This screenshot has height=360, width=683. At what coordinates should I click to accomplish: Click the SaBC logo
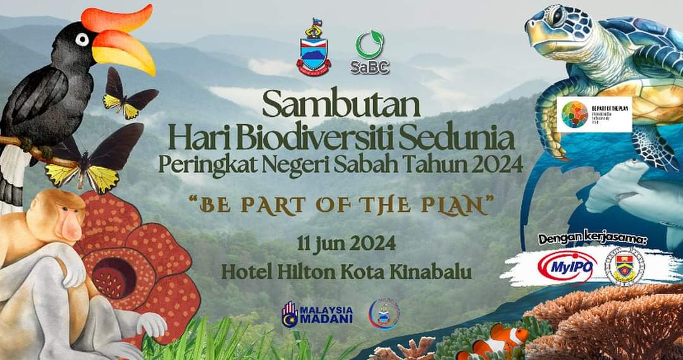click(369, 53)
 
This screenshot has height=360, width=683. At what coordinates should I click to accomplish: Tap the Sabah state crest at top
click(314, 50)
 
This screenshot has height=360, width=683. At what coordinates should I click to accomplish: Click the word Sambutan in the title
click(341, 105)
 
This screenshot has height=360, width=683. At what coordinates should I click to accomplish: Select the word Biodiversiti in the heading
click(302, 138)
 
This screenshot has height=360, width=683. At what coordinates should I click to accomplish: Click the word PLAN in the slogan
click(460, 207)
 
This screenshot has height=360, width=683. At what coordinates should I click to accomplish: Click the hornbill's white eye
click(82, 40)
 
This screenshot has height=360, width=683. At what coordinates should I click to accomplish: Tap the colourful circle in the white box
click(574, 114)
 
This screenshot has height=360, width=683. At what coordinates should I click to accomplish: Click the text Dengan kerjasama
click(593, 239)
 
